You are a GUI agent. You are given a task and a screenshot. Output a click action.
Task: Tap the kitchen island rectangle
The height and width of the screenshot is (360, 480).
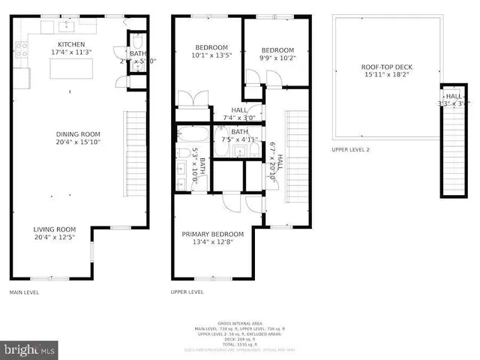coord(70,69)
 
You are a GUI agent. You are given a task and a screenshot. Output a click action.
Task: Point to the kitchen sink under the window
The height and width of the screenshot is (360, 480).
coord(64,28)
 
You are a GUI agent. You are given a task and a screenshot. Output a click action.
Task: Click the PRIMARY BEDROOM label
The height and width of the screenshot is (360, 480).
coord(213,234)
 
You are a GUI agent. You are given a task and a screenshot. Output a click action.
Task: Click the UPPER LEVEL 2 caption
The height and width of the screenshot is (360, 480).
coord(350,150)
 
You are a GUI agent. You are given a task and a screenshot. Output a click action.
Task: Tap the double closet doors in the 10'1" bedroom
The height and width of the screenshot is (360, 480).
coord(192,100)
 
